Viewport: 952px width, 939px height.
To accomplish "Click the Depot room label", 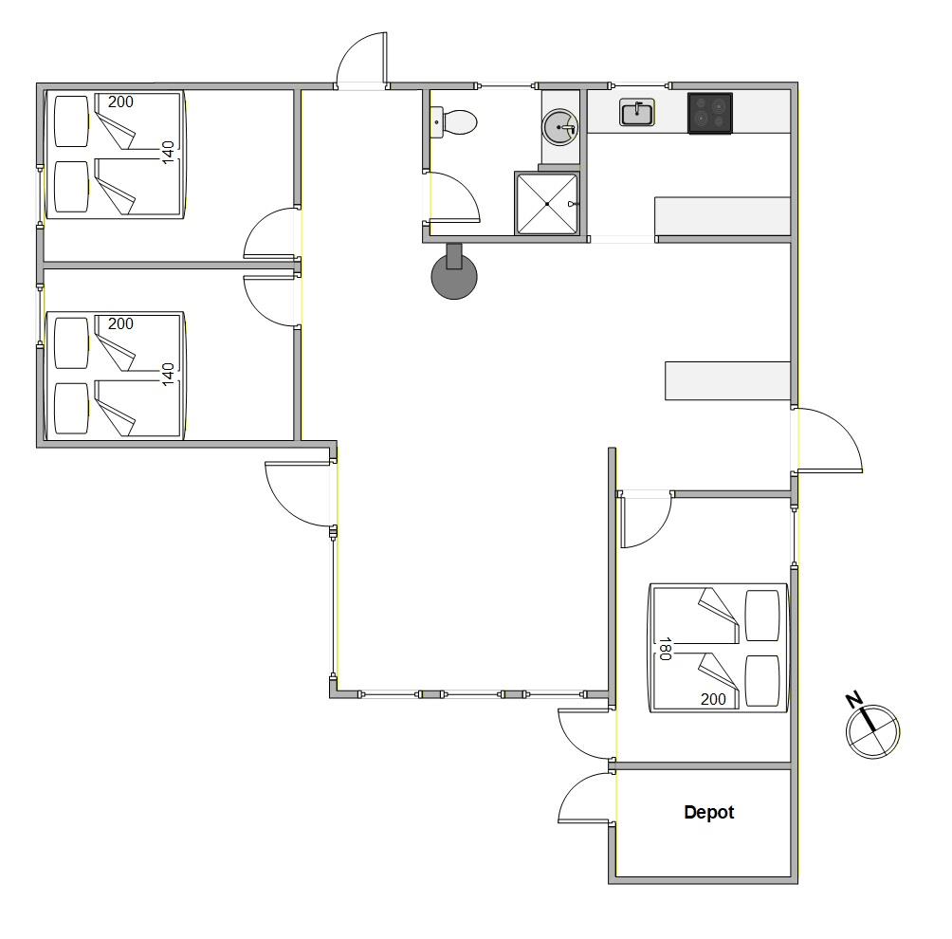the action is tap(708, 812).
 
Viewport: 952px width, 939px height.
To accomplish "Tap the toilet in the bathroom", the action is tap(454, 122).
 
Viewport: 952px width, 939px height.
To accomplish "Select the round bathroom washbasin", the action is tap(559, 127).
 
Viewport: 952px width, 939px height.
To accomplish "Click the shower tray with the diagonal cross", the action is tap(547, 204).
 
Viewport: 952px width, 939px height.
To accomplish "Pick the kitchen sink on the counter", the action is tap(637, 112).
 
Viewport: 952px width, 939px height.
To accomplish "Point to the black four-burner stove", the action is tap(710, 113).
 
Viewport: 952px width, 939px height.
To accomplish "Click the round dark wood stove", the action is tap(454, 271).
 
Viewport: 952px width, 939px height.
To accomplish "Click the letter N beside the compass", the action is tap(853, 700).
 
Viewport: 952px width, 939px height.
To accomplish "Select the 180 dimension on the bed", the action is tap(665, 649).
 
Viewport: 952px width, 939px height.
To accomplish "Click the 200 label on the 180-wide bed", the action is tap(713, 699).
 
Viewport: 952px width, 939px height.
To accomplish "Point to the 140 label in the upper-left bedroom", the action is tap(168, 152).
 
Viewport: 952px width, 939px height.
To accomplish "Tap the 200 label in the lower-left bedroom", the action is tap(120, 323).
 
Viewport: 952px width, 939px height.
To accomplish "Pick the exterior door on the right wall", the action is tap(830, 440).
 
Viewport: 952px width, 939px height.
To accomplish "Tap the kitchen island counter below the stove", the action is tap(723, 215).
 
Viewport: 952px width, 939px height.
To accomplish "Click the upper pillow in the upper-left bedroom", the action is tap(72, 120).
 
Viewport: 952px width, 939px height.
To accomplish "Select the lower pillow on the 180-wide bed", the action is tap(762, 681).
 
